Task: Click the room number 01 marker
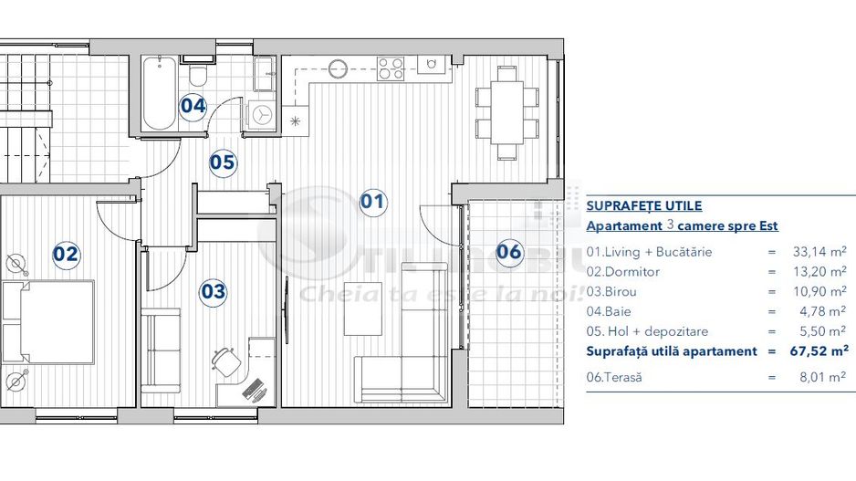click(372, 201)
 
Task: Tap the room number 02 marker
click(65, 254)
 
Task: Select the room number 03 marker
click(214, 291)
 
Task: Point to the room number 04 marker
click(193, 105)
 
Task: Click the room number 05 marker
click(223, 163)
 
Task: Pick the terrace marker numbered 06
click(509, 251)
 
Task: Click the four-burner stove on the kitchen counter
click(391, 68)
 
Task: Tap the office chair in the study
click(224, 360)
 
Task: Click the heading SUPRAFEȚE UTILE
click(643, 206)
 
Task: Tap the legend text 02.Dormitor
click(623, 272)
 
